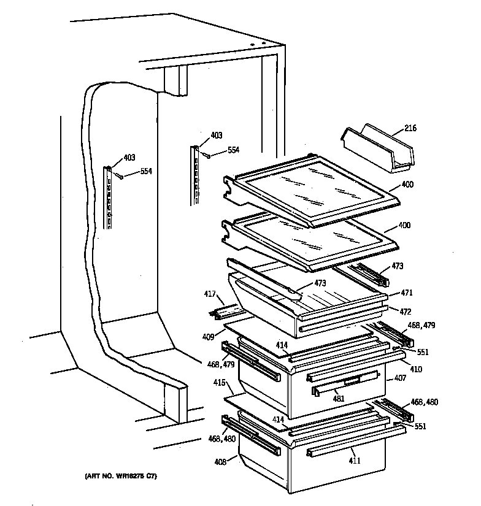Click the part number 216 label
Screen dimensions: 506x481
coord(410,128)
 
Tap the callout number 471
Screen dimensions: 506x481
coord(406,293)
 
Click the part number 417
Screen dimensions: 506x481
coord(210,294)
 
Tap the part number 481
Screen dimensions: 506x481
coord(338,399)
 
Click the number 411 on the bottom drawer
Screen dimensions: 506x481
coord(355,460)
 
